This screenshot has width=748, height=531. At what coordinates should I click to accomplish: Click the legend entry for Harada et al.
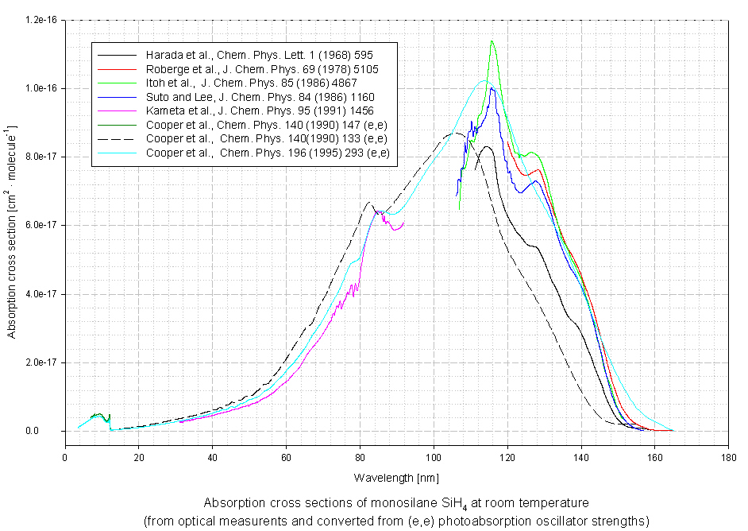tap(246, 56)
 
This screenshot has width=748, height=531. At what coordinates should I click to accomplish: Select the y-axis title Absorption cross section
tap(13, 231)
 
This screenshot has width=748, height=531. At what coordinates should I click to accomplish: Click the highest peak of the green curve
tap(492, 41)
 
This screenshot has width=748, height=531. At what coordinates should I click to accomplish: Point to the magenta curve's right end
tap(403, 223)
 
